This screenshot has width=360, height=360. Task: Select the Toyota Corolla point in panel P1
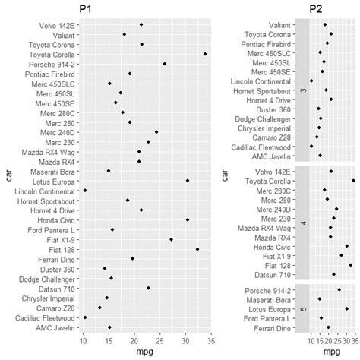click(x=205, y=54)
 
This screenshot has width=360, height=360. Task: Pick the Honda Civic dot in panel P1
click(x=188, y=219)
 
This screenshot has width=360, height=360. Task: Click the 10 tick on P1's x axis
click(x=84, y=340)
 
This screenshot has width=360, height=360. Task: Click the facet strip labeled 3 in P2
click(x=303, y=90)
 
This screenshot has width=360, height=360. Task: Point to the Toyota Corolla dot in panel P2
click(x=354, y=181)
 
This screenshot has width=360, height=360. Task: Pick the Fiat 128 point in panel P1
click(x=197, y=248)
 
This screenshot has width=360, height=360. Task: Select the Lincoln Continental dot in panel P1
click(x=84, y=191)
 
